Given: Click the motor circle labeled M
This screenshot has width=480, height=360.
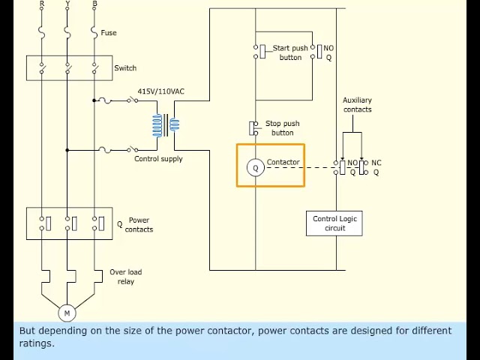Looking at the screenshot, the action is [x=67, y=313].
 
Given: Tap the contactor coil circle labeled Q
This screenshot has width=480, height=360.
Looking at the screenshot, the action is [x=255, y=167].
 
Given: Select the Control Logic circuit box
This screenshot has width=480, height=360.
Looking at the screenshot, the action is [x=334, y=223].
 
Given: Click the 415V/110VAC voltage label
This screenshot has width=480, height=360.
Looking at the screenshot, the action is [x=160, y=91].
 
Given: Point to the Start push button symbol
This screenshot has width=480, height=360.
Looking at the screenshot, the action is [x=260, y=52].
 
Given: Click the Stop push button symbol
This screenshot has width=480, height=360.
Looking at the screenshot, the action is [x=253, y=128].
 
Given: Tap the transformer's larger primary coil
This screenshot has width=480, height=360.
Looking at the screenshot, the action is [x=157, y=125].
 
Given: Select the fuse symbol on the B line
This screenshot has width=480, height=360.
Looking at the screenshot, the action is [x=94, y=32].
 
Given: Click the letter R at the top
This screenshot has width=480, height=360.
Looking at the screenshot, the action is [x=42, y=3].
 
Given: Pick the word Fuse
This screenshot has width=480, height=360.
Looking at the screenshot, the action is [x=109, y=33].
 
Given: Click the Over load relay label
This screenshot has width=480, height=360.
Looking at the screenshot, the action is [x=126, y=277].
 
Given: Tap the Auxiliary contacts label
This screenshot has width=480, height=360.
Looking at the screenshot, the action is [x=357, y=105].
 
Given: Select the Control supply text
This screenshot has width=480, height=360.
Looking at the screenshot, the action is [x=158, y=159].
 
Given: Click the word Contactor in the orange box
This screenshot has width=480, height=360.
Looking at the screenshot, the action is [x=283, y=162].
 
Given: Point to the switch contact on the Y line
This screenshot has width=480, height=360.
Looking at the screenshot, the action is [x=67, y=68].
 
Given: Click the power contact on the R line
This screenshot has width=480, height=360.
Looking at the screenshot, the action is [x=45, y=223].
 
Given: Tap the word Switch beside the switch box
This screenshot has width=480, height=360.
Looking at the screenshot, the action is [x=125, y=68].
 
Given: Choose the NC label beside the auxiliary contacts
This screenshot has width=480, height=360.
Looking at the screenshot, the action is [x=376, y=163].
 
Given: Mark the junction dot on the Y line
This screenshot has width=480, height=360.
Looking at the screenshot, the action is [x=67, y=150].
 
